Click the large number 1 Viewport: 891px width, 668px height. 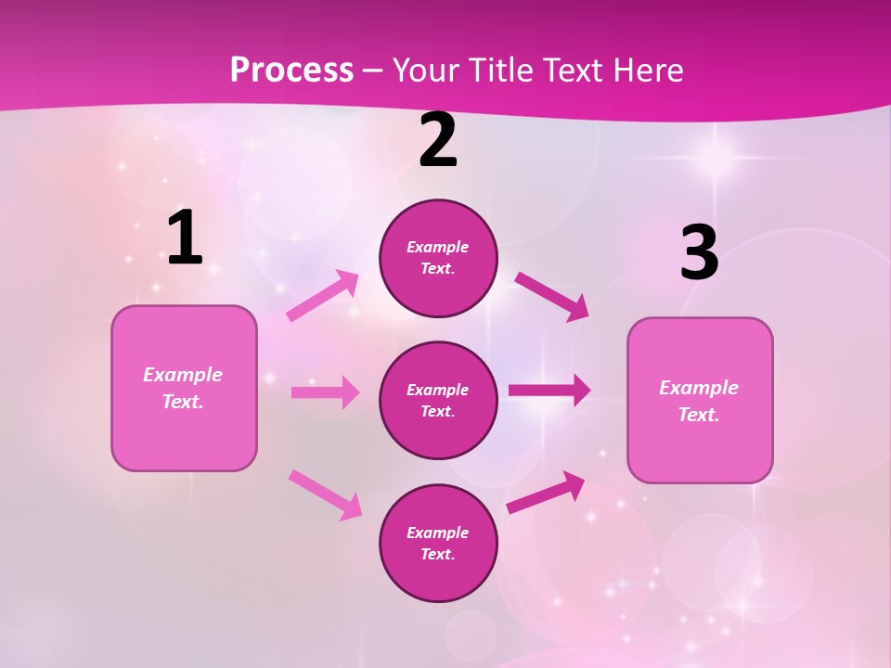coord(185,238)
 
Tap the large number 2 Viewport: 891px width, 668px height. coord(438,141)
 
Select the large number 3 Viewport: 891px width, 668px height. coord(699,253)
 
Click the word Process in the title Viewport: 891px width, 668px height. coord(291,70)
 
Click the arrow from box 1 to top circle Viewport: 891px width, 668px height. coord(323,296)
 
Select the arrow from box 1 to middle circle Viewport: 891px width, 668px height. coord(325,392)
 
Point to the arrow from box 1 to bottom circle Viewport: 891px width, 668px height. coord(325,494)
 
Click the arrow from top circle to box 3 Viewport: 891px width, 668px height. coord(551,296)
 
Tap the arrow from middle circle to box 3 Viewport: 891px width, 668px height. coord(549,391)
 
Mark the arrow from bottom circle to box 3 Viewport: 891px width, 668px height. coord(546,493)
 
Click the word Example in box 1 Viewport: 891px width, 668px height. coord(183,375)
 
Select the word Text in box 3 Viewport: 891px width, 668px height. coord(698,415)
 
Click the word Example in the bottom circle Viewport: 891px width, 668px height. coord(437,533)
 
